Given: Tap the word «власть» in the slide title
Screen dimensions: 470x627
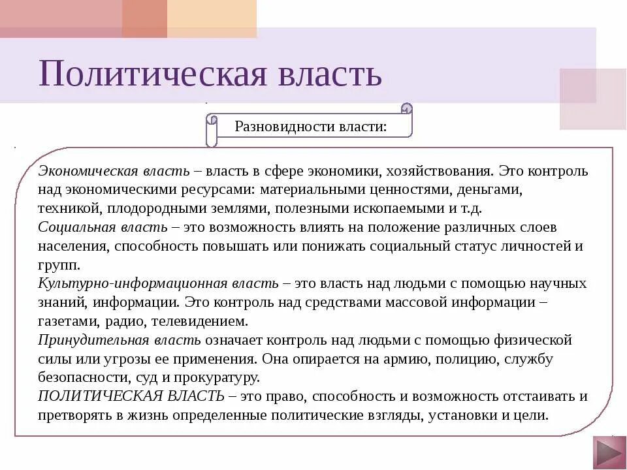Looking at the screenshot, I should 330,73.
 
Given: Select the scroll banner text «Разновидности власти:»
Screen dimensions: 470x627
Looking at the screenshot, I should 311,126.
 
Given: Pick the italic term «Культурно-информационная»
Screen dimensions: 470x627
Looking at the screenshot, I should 132,283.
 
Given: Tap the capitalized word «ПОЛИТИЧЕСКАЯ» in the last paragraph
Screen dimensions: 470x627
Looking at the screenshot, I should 89,396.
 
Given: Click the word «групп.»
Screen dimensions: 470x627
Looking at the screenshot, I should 59,265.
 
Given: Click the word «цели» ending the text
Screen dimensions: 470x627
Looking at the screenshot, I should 534,415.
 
